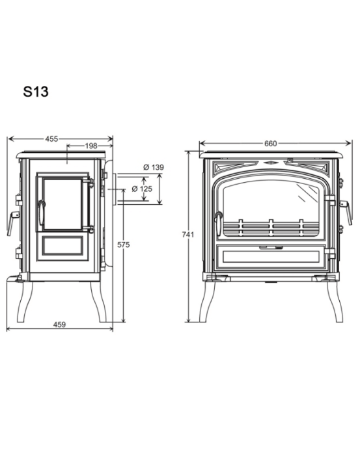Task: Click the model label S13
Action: click(36, 92)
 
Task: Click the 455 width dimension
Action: click(52, 139)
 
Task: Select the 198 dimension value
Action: click(90, 146)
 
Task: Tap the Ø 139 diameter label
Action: click(153, 168)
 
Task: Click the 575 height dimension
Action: click(123, 245)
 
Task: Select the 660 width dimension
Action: click(271, 143)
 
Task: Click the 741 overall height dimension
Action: click(188, 235)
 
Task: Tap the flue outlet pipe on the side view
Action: click(115, 189)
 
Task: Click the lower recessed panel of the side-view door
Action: click(61, 248)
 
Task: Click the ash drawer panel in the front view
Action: click(271, 257)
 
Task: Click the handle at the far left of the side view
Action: click(11, 223)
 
